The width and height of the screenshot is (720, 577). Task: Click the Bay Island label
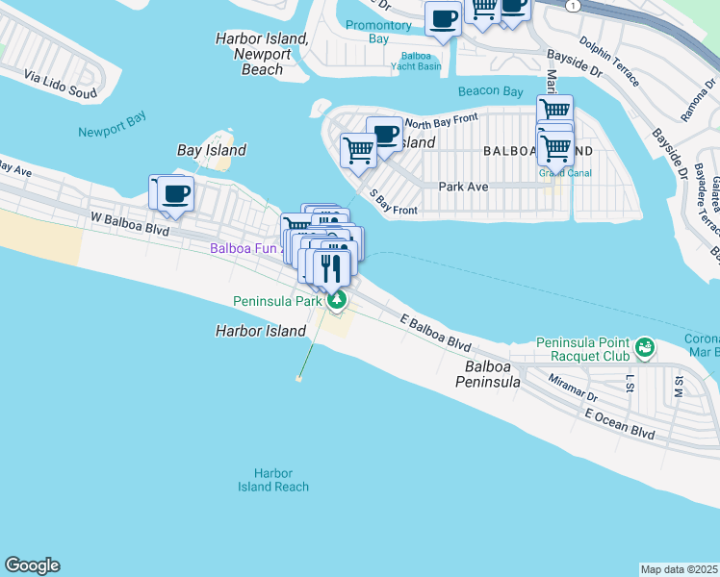[212, 150]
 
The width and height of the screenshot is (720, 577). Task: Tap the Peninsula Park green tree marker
[337, 301]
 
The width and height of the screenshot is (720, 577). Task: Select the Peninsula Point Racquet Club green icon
[644, 344]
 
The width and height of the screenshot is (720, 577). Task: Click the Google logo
[32, 565]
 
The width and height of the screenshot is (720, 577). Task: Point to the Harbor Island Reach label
[273, 480]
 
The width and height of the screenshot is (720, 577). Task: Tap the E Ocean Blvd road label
[621, 424]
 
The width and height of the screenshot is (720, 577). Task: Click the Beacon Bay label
[490, 92]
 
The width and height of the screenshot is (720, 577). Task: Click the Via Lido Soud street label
[61, 84]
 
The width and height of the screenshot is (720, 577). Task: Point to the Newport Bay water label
[113, 131]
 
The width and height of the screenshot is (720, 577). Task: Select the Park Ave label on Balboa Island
[459, 187]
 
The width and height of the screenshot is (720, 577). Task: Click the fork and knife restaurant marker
[333, 265]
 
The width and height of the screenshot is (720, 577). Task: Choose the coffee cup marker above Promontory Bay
[444, 18]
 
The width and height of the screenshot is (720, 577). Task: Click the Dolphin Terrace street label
[607, 61]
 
